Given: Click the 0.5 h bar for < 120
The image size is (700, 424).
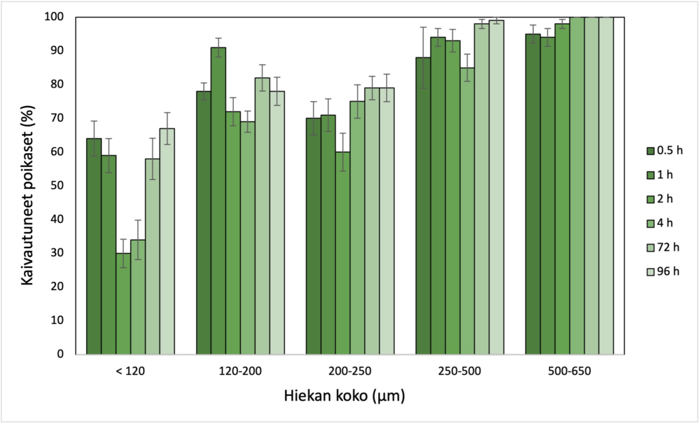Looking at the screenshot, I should (94, 246).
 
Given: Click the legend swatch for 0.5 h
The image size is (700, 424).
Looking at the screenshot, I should (651, 150).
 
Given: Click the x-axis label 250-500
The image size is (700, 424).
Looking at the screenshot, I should (459, 371).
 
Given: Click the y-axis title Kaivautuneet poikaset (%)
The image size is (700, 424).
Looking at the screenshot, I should (26, 185).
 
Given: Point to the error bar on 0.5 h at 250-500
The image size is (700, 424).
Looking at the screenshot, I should (423, 57).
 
